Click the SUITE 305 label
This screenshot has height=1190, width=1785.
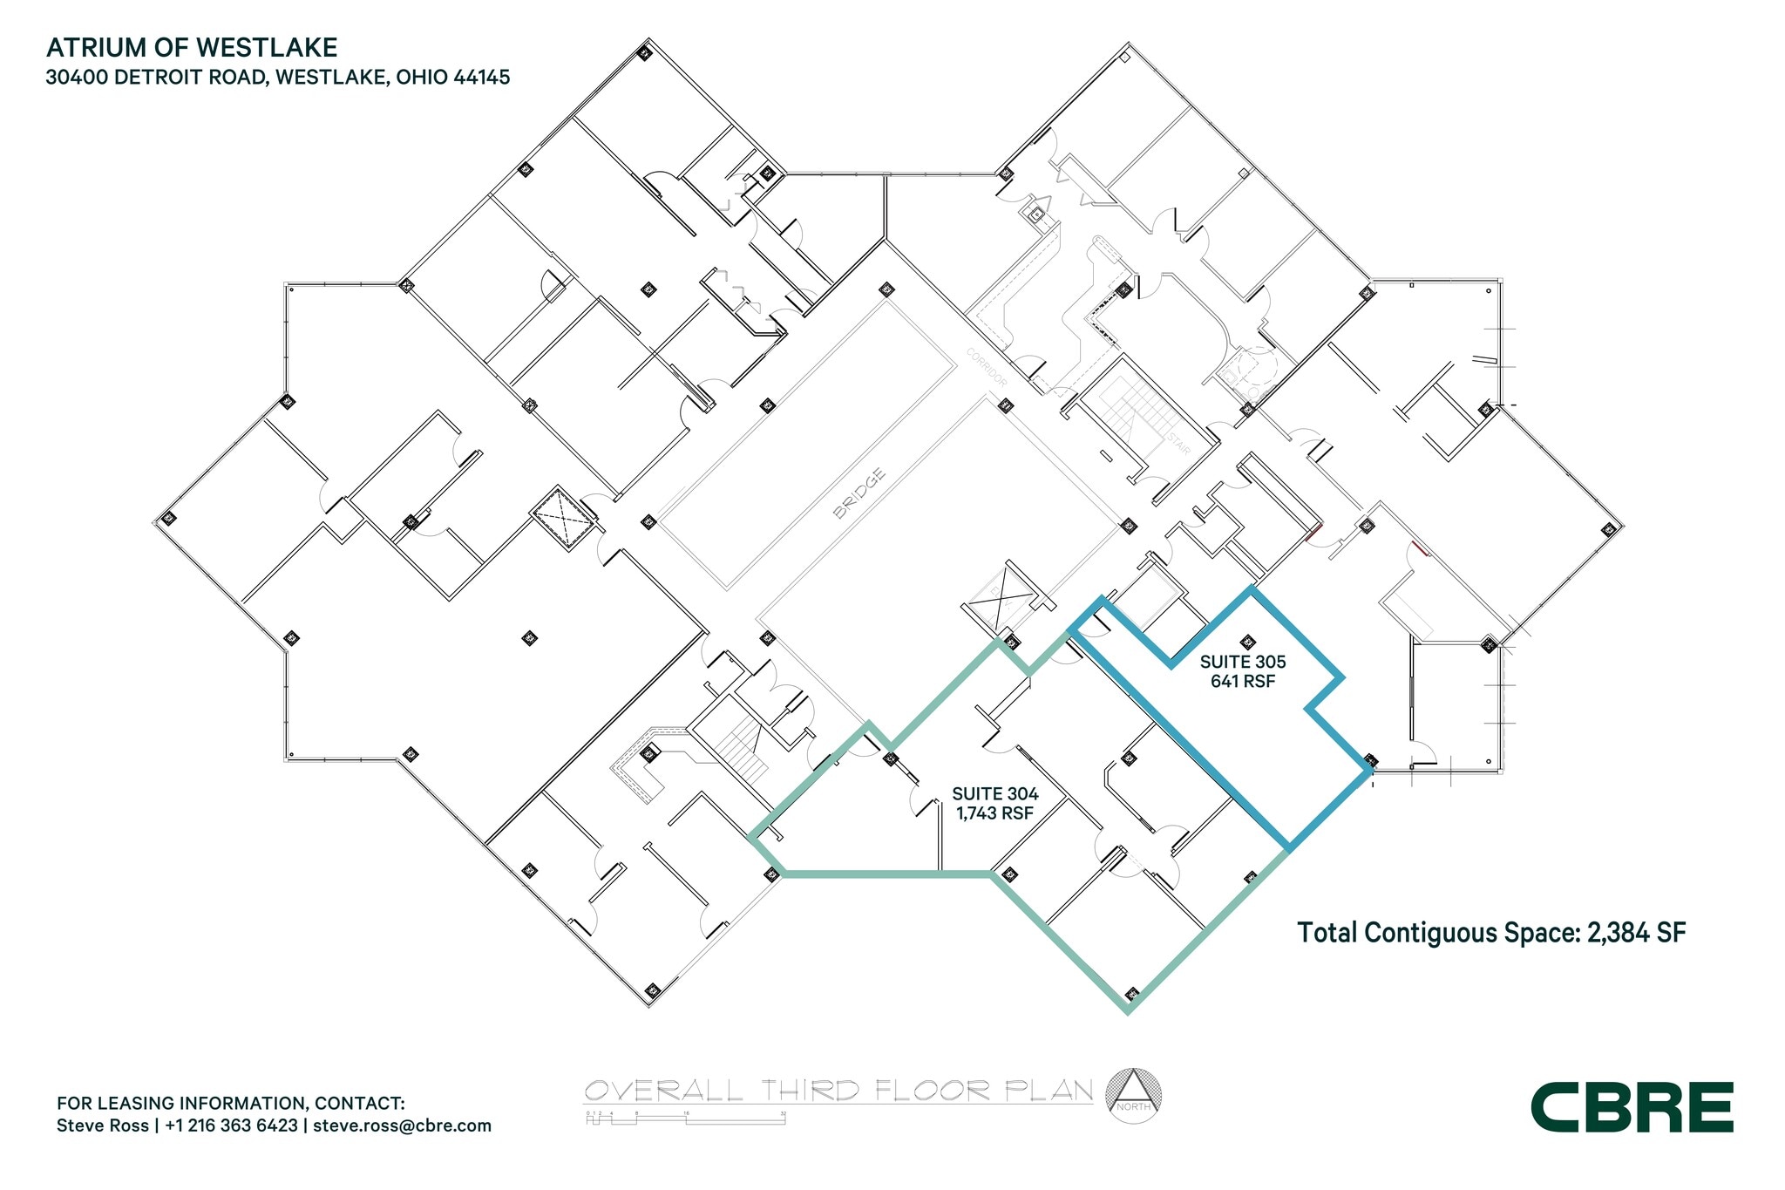1242,663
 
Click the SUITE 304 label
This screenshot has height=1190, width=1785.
994,794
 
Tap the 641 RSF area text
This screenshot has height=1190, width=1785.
1242,682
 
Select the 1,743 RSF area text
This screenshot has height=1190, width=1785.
994,813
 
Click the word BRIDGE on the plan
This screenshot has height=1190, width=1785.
859,493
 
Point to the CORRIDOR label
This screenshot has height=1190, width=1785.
987,368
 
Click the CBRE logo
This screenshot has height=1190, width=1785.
1632,1108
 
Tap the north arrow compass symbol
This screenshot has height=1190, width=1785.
1133,1095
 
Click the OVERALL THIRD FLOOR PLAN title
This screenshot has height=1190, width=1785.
838,1091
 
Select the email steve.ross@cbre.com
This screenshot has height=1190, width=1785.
402,1125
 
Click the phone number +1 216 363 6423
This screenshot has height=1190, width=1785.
231,1125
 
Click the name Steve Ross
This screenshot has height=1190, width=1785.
102,1125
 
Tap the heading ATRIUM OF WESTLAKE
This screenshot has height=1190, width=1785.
192,47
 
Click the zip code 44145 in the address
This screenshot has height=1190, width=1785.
481,77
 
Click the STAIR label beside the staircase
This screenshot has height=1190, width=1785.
1178,445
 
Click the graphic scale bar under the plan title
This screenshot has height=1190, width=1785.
685,1119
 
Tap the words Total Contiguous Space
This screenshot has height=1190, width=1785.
1438,933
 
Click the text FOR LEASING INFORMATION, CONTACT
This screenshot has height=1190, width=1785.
230,1103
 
